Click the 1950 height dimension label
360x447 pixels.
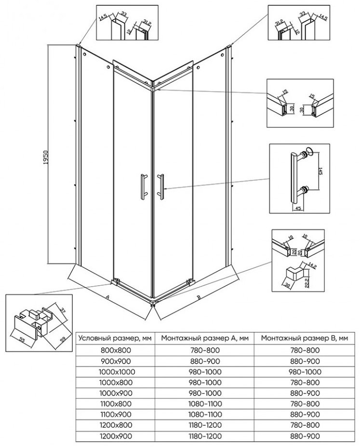(x=46, y=157)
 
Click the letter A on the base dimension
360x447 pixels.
(x=107, y=297)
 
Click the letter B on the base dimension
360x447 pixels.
(x=199, y=297)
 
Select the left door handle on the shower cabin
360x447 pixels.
(x=144, y=186)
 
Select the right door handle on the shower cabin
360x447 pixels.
(x=160, y=186)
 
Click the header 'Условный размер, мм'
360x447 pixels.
(x=115, y=339)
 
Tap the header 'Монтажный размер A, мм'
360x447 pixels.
(x=205, y=339)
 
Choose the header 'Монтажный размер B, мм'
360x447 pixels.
(x=305, y=339)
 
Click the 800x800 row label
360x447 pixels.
(x=116, y=350)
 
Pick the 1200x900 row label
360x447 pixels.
(x=116, y=436)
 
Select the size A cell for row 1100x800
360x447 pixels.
(x=205, y=404)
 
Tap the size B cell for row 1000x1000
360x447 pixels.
(x=305, y=372)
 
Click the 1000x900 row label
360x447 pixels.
(x=116, y=394)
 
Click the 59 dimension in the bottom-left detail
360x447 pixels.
(x=63, y=340)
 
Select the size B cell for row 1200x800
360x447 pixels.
(x=305, y=425)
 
